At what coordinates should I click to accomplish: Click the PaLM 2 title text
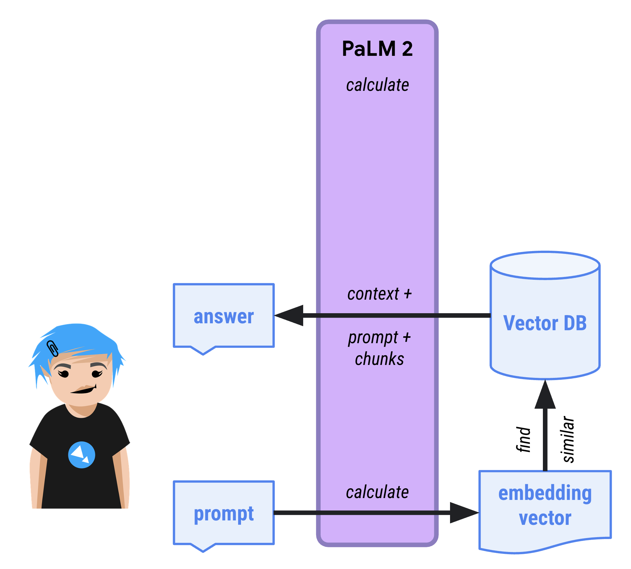pos(377,49)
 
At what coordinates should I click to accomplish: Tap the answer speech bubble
pos(224,316)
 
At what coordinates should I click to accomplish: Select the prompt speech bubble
pos(224,513)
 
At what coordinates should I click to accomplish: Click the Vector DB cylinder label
pos(545,323)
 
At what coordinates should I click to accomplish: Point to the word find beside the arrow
pos(523,439)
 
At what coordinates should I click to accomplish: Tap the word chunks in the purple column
pos(379,359)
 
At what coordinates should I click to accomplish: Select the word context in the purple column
pos(373,294)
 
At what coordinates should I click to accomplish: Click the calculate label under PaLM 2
pos(377,85)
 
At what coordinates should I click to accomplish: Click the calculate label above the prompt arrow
pos(377,492)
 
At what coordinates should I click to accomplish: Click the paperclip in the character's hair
pos(52,349)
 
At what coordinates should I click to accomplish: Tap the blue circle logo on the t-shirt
pos(81,455)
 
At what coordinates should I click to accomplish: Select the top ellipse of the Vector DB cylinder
pos(545,265)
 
